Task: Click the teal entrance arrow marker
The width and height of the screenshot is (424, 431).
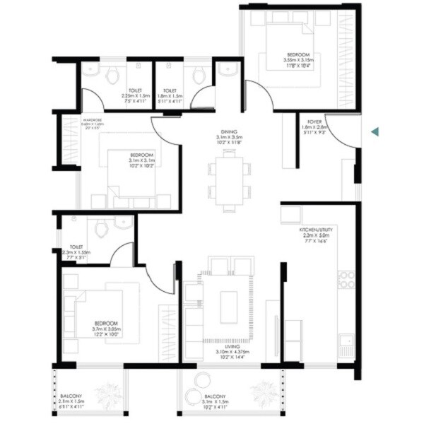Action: [376, 131]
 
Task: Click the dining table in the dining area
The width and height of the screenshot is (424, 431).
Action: [228, 179]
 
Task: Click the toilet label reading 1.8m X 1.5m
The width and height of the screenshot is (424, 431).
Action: [170, 96]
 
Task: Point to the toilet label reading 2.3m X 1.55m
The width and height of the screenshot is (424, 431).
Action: [77, 252]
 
